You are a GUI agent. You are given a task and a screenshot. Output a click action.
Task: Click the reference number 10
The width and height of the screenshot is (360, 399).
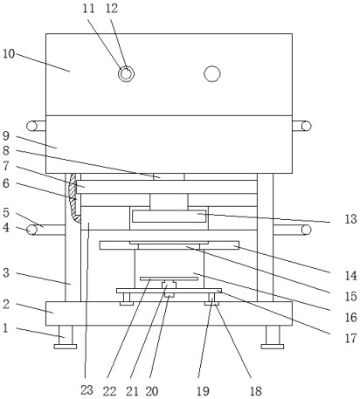[x=9, y=54]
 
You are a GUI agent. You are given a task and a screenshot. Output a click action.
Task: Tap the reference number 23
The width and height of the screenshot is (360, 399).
[x=87, y=390]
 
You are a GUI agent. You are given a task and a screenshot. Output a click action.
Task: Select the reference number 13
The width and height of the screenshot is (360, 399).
[x=350, y=219]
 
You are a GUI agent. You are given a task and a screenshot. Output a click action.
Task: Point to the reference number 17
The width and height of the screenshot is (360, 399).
[x=350, y=339]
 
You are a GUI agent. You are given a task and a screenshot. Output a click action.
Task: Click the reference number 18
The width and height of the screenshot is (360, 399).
[x=255, y=391]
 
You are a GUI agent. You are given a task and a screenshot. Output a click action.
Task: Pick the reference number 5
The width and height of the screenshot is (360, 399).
[x=6, y=213]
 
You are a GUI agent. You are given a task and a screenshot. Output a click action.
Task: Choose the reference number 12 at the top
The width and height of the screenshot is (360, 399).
[x=112, y=9]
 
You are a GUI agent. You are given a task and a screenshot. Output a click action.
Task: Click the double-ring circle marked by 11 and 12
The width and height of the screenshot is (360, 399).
[x=126, y=74]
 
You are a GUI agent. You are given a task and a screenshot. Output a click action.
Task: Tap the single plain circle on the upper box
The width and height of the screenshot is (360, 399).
[x=212, y=74]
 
